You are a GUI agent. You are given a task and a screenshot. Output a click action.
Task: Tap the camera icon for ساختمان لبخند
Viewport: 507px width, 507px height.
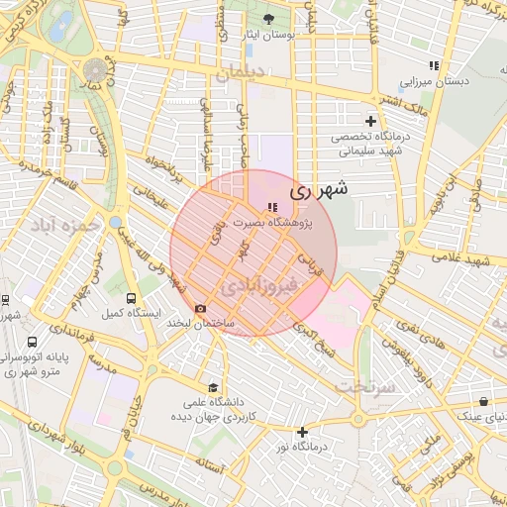coord(201,309)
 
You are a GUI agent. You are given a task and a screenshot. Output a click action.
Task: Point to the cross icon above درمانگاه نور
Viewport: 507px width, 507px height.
coord(302,432)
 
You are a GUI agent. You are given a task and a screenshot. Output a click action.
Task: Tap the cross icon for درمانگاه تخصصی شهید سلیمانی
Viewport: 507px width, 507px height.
coord(370,121)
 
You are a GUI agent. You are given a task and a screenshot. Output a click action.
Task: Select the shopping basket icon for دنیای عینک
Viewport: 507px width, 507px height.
coord(482,402)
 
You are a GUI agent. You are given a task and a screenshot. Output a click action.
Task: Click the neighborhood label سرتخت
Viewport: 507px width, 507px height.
coord(365,387)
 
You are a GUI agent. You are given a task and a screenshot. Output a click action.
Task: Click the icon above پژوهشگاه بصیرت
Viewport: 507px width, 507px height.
coord(271,207)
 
